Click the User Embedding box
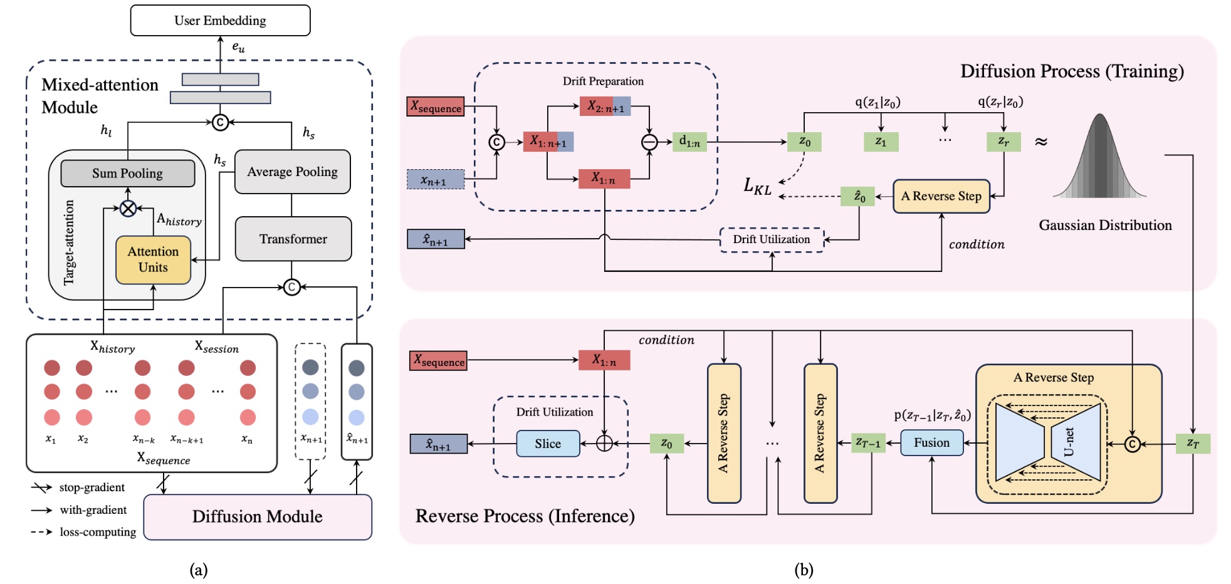tap(220, 21)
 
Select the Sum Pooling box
tap(128, 174)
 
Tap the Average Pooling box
tap(292, 172)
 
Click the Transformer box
tap(293, 239)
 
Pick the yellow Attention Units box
tap(153, 259)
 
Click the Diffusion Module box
tap(258, 517)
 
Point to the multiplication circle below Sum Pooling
tap(128, 209)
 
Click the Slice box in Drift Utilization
tap(548, 444)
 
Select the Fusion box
tap(932, 442)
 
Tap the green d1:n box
tap(689, 142)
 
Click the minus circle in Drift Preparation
tap(649, 142)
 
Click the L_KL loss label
tap(757, 186)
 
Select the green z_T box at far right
tap(1193, 444)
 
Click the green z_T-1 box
tap(868, 443)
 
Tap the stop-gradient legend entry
tap(78, 488)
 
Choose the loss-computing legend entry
tap(83, 532)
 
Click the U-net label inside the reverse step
tap(1069, 442)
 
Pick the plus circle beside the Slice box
tap(604, 444)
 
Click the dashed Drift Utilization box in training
tap(772, 239)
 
